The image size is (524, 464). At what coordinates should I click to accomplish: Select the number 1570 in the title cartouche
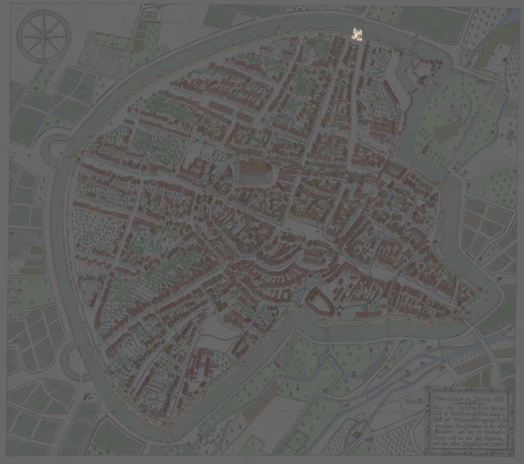pyautogui.click(x=497, y=397)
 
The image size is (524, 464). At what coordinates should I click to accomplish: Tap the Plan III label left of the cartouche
pyautogui.click(x=414, y=401)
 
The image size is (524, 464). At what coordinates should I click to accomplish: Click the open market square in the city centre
pyautogui.click(x=299, y=228)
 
